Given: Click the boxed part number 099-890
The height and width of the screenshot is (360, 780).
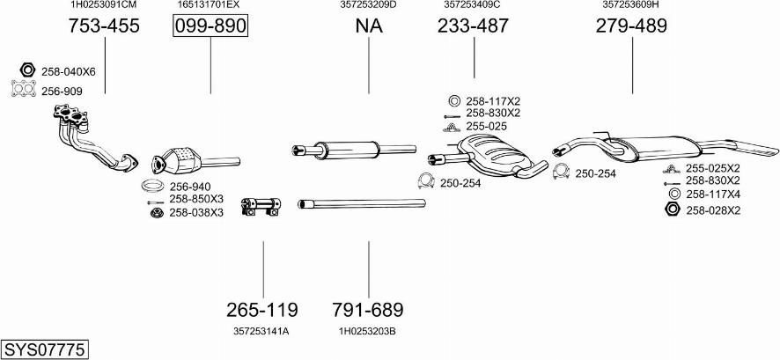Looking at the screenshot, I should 210,26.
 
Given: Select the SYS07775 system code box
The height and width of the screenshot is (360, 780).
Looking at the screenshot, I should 45,349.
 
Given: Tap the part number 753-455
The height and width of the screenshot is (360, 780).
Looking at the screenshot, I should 104,26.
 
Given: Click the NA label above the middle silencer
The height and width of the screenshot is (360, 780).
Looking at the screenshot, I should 369,26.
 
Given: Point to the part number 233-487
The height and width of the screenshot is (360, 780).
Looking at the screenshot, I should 473,26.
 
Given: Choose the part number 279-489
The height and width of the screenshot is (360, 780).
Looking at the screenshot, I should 631,26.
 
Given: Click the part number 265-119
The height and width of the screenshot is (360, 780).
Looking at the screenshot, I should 262,310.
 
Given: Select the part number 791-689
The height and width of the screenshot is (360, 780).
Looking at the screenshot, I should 368,310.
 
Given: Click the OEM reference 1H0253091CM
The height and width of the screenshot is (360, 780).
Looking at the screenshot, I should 104,5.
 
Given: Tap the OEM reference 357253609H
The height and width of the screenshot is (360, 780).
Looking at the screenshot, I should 631,5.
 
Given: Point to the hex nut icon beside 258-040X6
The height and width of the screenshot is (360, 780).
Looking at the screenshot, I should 26,70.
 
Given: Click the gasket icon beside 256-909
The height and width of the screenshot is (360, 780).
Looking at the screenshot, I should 24,89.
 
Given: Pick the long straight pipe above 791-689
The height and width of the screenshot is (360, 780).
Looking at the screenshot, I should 361,204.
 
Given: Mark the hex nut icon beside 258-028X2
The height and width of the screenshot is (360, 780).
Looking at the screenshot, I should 672,209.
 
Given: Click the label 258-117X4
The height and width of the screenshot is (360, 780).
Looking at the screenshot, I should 713,195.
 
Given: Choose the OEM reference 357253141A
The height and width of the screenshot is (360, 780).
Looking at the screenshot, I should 262,331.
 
